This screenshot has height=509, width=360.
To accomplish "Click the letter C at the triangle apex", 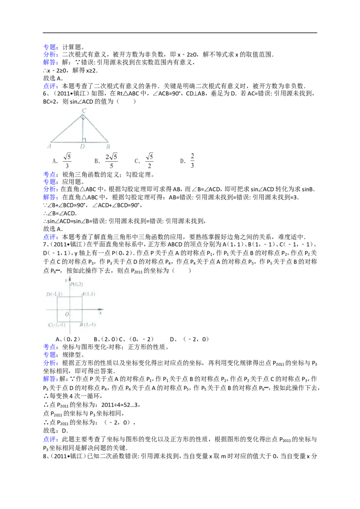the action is pos(84,110).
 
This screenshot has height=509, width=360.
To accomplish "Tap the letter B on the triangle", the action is pos(108,146).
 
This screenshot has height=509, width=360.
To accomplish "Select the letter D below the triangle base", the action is pos(82,147).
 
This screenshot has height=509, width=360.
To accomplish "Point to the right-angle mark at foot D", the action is pos(84,140).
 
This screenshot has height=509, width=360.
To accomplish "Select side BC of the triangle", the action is pos(96,129).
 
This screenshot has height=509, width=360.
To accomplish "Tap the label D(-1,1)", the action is pos(54,294).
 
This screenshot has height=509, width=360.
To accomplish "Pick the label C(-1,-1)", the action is pos(57,325).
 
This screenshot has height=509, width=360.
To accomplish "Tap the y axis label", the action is pos(66,281).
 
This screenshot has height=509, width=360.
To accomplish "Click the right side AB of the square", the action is pos(81,309).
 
